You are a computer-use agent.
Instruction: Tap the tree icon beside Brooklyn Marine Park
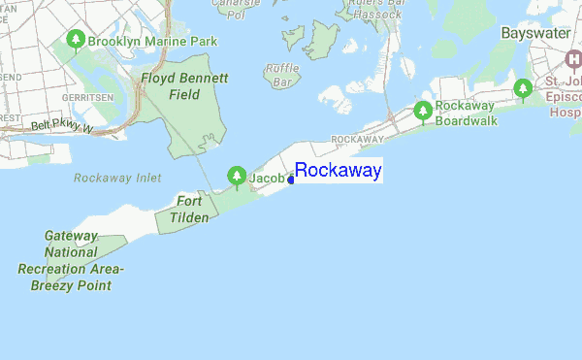pos(76,41)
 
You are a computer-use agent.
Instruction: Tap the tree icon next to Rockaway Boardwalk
pos(423,112)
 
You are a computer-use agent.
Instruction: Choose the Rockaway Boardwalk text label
pos(466,113)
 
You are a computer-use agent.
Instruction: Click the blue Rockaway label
pos(339,172)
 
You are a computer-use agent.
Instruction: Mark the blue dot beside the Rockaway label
pos(291,180)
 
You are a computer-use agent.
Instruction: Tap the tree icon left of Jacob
pos(236,176)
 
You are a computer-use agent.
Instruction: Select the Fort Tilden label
pos(191,209)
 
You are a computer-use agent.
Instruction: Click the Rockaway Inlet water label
pos(116,179)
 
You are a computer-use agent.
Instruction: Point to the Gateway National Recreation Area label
pos(72,260)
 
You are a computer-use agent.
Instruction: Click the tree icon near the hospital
pos(524,90)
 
